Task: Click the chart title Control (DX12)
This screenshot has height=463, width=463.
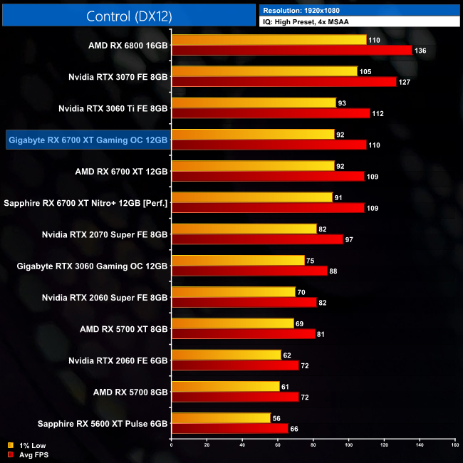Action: pyautogui.click(x=128, y=16)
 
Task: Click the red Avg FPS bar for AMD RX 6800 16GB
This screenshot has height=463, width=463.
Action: pyautogui.click(x=291, y=50)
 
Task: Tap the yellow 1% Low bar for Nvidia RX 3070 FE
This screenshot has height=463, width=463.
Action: pyautogui.click(x=264, y=71)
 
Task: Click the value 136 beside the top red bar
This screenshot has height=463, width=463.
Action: pyautogui.click(x=421, y=50)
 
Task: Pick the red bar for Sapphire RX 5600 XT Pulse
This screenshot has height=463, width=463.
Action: pyautogui.click(x=229, y=428)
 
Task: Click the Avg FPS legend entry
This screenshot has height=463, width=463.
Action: pyautogui.click(x=28, y=454)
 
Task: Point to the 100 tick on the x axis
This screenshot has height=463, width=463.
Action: pyautogui.click(x=348, y=445)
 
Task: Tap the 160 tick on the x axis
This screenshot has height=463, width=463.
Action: pyautogui.click(x=454, y=445)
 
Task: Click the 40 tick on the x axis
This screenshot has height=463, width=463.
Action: pyautogui.click(x=242, y=445)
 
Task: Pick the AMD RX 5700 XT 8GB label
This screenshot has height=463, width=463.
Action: pyautogui.click(x=124, y=328)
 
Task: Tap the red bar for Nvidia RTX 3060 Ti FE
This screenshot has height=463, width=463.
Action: pyautogui.click(x=271, y=113)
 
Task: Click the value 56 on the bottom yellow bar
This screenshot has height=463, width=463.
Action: pyautogui.click(x=277, y=418)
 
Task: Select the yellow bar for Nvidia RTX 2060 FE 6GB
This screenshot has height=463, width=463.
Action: pyautogui.click(x=227, y=355)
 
